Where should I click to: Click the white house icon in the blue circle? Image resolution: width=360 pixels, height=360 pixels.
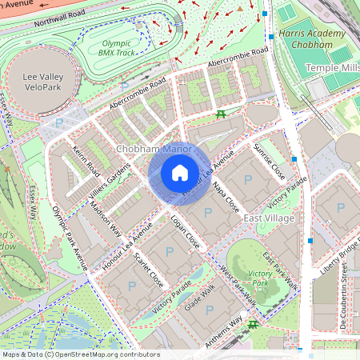[180, 173]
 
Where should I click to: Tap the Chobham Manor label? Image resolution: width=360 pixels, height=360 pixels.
[153, 150]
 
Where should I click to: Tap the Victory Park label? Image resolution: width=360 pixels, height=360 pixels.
[261, 278]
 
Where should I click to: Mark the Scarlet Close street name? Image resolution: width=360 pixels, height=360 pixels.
[149, 270]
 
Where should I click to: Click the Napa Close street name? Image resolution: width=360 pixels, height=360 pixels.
[227, 195]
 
